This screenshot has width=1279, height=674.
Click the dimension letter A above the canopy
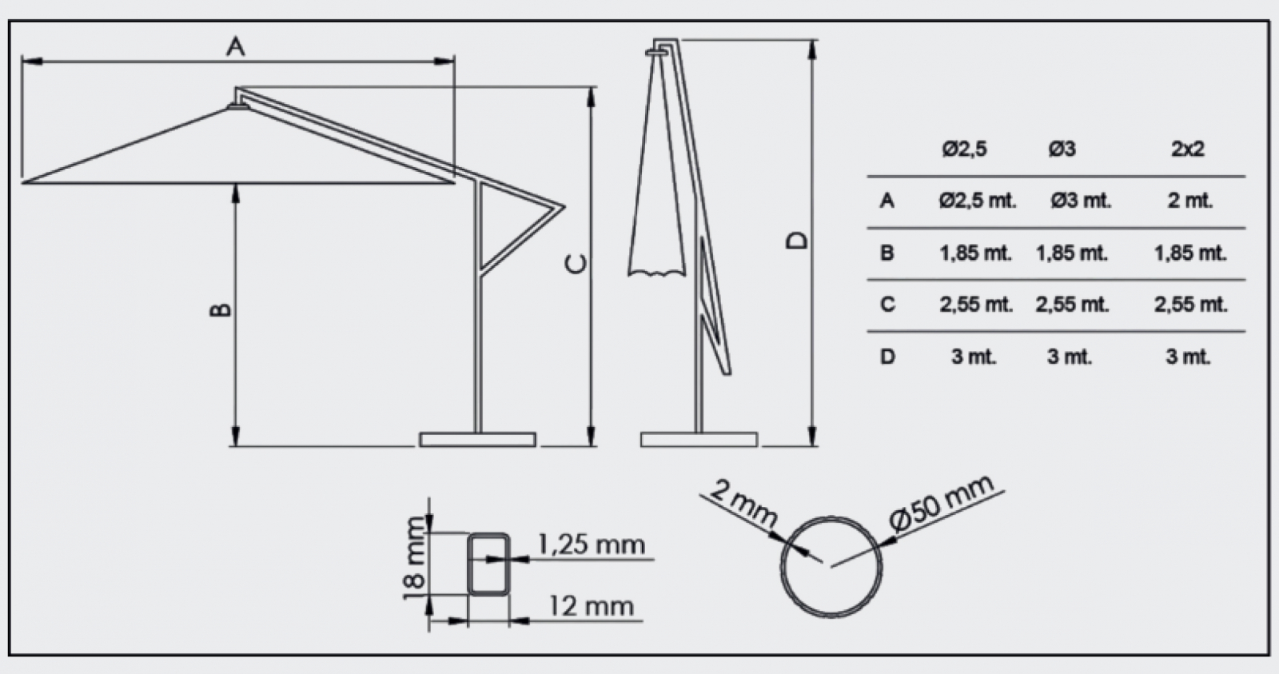coord(236,46)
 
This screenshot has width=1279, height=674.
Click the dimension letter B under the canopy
coord(221,309)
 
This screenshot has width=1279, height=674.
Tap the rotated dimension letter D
coord(797,241)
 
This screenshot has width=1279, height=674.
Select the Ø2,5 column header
coord(964,149)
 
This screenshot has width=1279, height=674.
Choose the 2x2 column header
coord(1188,149)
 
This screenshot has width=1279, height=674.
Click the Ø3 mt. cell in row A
coord(1081,201)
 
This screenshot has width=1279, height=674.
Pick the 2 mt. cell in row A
coord(1190,201)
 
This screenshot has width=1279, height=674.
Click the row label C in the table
coord(887,305)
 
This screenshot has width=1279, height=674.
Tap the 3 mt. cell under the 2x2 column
coord(1188,357)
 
